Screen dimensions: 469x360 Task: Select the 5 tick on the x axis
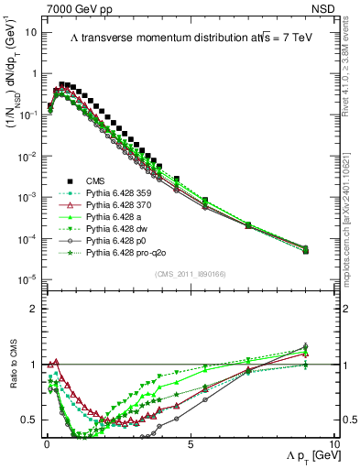(190, 442)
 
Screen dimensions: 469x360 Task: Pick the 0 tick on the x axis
(46, 442)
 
